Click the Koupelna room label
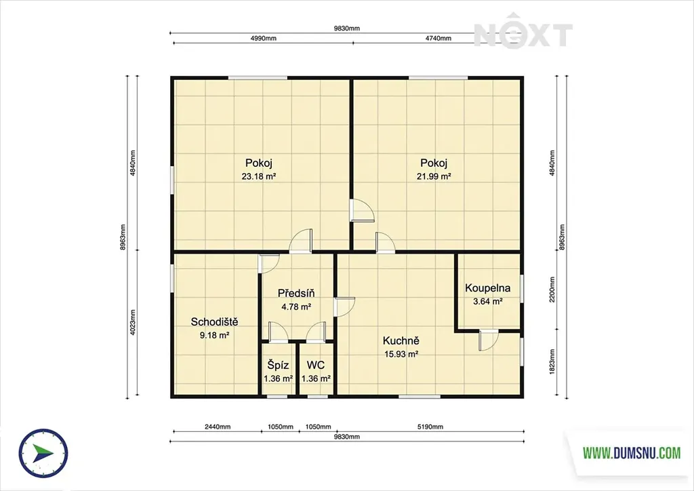click(x=487, y=288)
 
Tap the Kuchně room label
click(x=401, y=341)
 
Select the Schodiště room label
click(x=214, y=322)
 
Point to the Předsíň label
click(x=296, y=293)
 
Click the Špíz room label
click(x=278, y=366)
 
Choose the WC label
click(x=316, y=366)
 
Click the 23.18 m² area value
click(x=259, y=176)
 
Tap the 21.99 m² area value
click(x=434, y=176)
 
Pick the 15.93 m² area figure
click(x=401, y=354)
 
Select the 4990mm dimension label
click(x=264, y=38)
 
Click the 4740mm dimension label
click(x=438, y=38)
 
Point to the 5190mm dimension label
click(x=430, y=427)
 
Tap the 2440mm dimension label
click(x=218, y=427)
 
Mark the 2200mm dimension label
click(x=552, y=290)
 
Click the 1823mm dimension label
click(x=552, y=361)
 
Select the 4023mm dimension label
click(x=133, y=322)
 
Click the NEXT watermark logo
click(x=523, y=35)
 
